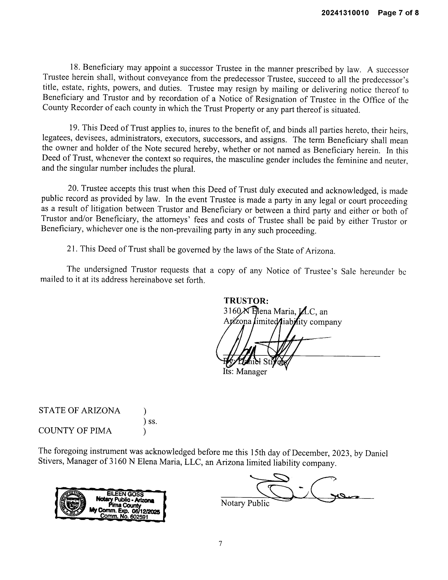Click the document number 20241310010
(345, 13)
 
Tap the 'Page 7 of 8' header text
(398, 13)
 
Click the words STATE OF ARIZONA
(79, 410)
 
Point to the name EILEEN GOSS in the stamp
(125, 494)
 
